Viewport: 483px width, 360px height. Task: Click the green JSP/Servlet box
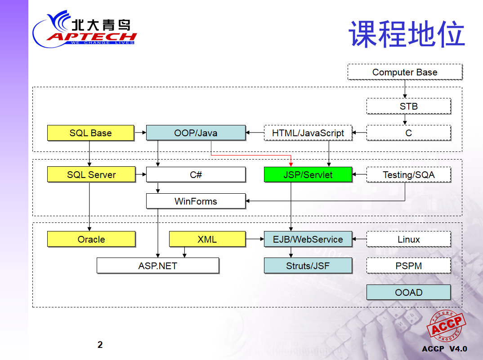308,174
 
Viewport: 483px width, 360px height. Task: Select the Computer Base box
405,72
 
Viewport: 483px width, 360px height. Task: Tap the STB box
408,106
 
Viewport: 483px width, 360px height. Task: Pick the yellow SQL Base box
90,133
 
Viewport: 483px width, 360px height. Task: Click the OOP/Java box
196,133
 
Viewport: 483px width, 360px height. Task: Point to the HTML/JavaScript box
308,133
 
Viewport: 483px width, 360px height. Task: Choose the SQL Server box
91,174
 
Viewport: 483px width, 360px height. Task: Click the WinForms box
196,201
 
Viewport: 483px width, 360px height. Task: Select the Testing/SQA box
408,174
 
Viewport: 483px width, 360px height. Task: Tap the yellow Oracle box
91,239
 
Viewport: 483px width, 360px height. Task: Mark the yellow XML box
207,239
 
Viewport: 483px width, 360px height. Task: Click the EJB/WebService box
308,239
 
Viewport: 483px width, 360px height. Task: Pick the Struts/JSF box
308,266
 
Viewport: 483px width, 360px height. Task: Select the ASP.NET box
158,266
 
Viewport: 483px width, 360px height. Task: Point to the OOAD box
408,292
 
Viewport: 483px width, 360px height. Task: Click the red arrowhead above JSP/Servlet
291,164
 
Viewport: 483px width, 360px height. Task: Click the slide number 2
100,345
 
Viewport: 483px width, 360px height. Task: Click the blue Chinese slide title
407,34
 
